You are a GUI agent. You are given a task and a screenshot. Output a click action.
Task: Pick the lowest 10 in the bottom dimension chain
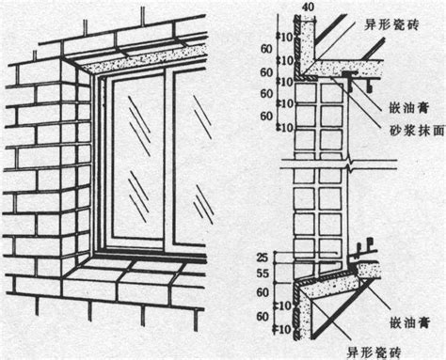[285, 330]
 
